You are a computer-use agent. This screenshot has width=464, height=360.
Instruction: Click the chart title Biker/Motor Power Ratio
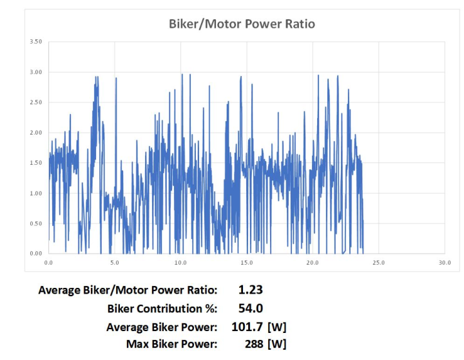coord(242,24)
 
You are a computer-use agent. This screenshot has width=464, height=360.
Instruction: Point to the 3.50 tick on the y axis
coord(35,42)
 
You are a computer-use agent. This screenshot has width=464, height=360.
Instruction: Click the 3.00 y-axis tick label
coord(35,72)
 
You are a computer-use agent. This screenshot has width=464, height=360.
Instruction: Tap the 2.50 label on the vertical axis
coord(35,102)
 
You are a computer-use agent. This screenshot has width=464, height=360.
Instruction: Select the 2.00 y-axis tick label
coord(35,133)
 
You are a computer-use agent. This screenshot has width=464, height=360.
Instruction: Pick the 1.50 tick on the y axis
coord(35,163)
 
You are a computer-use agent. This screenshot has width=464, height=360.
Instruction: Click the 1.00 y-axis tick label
coord(35,193)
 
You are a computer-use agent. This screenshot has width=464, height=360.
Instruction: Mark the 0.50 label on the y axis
coord(35,223)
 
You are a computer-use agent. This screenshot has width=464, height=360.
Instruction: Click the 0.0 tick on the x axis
coord(48,263)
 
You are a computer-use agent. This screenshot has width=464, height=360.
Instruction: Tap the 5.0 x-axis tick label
coord(114,263)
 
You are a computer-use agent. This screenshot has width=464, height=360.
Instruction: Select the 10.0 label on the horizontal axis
coord(180,263)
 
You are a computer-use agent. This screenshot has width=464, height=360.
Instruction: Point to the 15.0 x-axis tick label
coord(246,263)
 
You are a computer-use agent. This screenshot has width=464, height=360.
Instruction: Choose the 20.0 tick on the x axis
coord(312,263)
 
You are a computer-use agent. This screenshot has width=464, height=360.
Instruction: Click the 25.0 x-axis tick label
coord(378,263)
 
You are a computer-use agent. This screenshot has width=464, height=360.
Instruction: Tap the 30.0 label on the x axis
coord(444,263)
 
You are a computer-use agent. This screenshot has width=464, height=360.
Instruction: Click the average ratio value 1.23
coord(251,290)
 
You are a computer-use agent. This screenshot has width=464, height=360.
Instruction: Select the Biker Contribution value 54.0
coord(251,308)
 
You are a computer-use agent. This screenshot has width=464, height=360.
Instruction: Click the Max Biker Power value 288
coord(254,345)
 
